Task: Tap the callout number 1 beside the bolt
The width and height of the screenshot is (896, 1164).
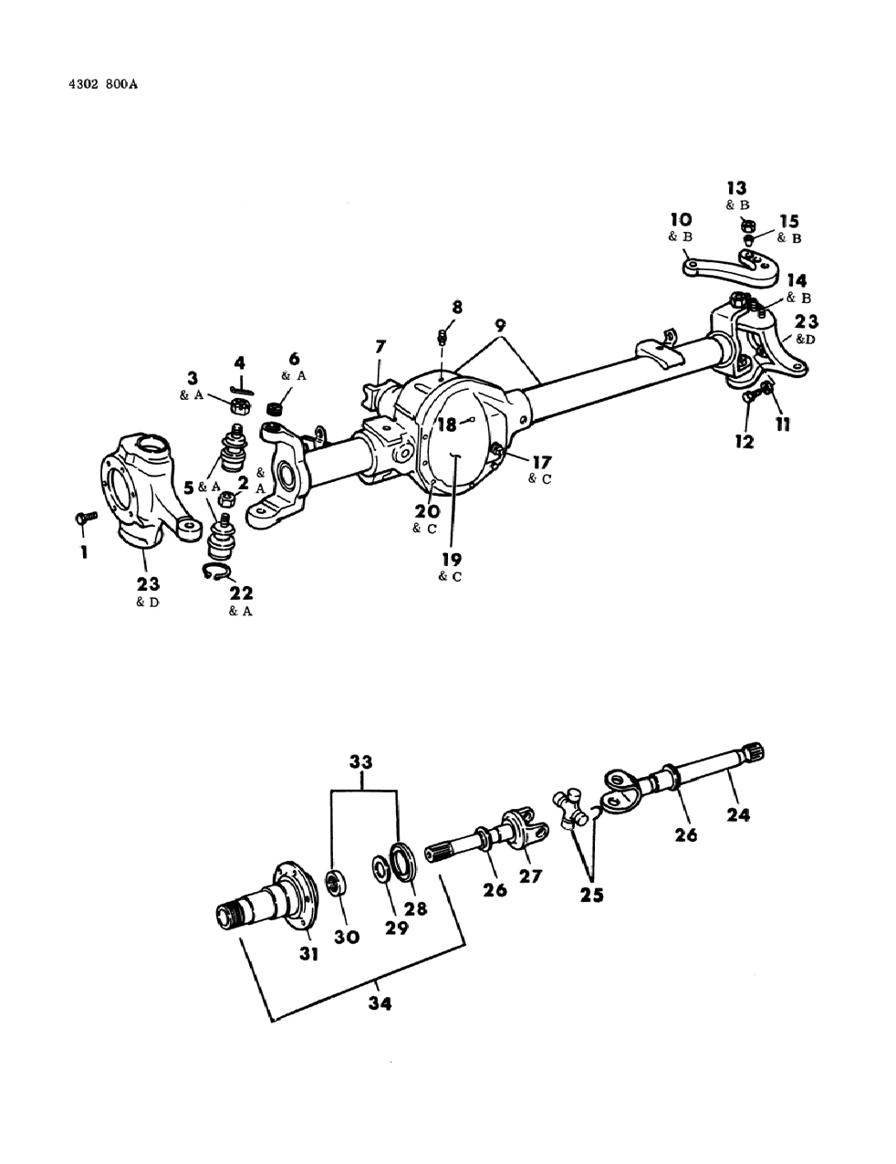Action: click(83, 552)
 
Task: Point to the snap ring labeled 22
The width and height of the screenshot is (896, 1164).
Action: click(215, 572)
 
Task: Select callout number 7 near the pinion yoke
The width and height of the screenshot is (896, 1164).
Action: click(380, 347)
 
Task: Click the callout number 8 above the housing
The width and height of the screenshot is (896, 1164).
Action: click(457, 308)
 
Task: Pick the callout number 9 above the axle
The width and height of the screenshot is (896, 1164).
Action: click(500, 324)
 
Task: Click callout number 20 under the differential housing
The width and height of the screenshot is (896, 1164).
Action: click(428, 511)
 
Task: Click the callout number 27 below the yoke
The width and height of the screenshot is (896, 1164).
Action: click(530, 876)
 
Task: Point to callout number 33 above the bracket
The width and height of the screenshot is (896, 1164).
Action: click(362, 760)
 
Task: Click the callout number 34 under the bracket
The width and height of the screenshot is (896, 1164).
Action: click(380, 1002)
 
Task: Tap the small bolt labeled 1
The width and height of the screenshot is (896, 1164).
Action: click(80, 519)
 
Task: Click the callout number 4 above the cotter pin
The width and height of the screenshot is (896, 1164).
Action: click(239, 362)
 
